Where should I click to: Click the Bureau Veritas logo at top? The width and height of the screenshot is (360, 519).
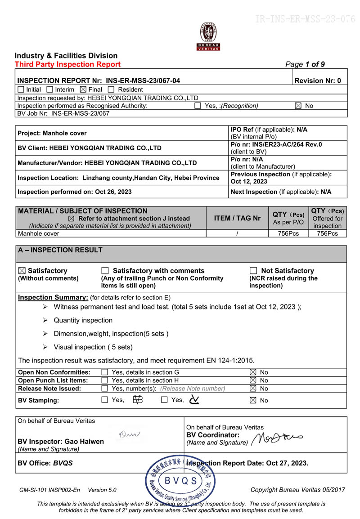pyautogui.click(x=208, y=36)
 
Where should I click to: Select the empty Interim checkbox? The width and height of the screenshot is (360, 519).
pyautogui.click(x=49, y=89)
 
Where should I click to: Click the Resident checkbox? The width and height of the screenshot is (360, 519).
pyautogui.click(x=111, y=89)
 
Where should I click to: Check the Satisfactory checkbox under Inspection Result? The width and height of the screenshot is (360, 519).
pyautogui.click(x=22, y=271)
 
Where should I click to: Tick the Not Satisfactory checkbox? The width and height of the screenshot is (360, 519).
pyautogui.click(x=253, y=271)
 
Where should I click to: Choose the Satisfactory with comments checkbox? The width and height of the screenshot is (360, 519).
pyautogui.click(x=105, y=271)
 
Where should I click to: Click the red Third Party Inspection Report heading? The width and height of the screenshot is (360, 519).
pyautogui.click(x=67, y=64)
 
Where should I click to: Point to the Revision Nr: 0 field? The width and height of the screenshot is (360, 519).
pyautogui.click(x=317, y=81)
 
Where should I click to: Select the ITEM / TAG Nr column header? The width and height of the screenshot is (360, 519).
pyautogui.click(x=237, y=218)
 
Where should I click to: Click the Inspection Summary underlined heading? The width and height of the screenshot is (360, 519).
pyautogui.click(x=53, y=297)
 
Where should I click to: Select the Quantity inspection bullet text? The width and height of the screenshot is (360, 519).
pyautogui.click(x=83, y=320)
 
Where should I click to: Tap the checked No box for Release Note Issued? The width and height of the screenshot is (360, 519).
pyautogui.click(x=253, y=389)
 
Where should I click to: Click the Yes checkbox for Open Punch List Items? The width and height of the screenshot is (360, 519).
pyautogui.click(x=105, y=380)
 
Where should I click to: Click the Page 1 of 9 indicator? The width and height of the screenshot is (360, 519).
pyautogui.click(x=305, y=64)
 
